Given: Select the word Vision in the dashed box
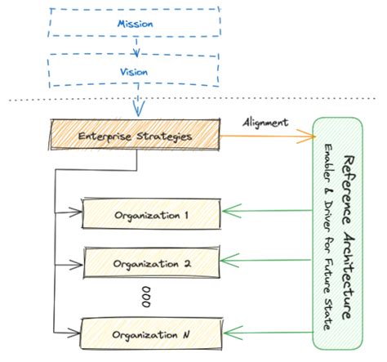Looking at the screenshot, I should pyautogui.click(x=134, y=72).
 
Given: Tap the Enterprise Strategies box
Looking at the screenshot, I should pyautogui.click(x=136, y=136).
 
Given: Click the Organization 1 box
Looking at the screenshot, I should pyautogui.click(x=151, y=215).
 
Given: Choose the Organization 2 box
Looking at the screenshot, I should pyautogui.click(x=151, y=264).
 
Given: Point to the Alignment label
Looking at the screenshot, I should pyautogui.click(x=265, y=122).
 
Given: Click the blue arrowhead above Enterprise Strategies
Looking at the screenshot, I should pyautogui.click(x=137, y=106).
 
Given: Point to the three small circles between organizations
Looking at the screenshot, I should pyautogui.click(x=146, y=297).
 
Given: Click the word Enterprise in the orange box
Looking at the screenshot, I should pyautogui.click(x=106, y=136).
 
